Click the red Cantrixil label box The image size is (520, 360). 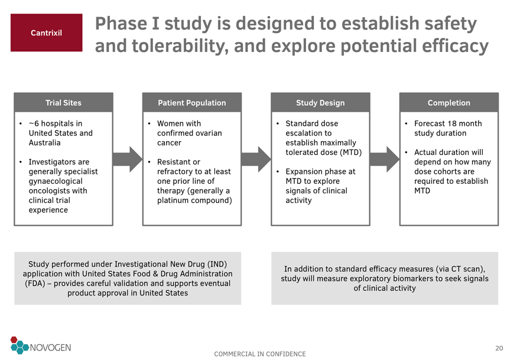click(46, 33)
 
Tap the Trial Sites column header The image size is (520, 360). click(63, 103)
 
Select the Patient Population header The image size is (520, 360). click(191, 103)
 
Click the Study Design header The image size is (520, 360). click(320, 103)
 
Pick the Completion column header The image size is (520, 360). click(449, 103)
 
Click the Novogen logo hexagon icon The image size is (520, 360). click(19, 346)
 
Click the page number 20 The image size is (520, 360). click(499, 348)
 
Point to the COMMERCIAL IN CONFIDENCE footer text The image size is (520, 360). click(260, 354)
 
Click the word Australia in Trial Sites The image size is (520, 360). click(44, 142)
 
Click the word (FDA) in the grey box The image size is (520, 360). click(34, 283)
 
